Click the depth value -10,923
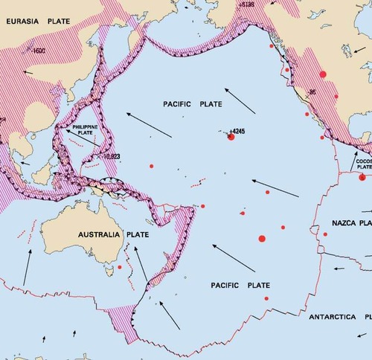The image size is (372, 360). click(x=110, y=158)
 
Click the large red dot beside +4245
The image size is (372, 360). click(x=231, y=137)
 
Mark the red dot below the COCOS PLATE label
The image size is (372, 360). click(x=362, y=177)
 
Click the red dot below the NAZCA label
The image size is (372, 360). click(x=326, y=234)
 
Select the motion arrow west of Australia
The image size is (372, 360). click(x=27, y=268)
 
